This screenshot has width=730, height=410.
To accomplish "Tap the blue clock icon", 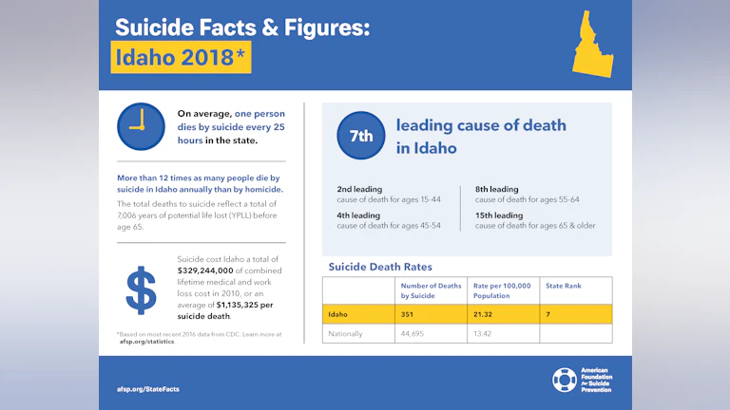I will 141,126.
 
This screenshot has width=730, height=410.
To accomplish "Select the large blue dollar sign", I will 142,291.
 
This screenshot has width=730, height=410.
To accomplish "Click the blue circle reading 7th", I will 361,136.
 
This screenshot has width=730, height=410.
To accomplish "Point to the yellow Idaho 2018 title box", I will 181,58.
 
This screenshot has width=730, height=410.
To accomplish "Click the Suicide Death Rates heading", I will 379,267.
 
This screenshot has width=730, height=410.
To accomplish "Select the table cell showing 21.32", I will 486,314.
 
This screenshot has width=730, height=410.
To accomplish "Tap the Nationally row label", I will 346,333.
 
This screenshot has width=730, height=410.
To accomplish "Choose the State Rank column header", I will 564,285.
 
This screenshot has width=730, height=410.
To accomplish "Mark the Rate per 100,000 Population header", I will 503,289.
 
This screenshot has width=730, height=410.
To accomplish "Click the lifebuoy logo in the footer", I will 564,380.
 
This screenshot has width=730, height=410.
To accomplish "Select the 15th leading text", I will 497,214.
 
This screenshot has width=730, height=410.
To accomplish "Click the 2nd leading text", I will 359,189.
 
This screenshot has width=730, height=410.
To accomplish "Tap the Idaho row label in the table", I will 338,314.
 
